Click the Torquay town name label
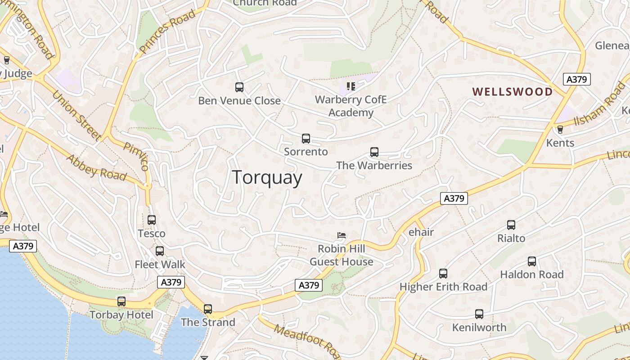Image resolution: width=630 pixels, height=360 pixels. [x=267, y=178]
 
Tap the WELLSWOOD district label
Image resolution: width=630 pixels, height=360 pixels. [x=513, y=92]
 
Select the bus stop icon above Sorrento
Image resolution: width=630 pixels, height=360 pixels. [x=306, y=139]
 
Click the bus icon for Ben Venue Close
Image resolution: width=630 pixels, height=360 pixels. [x=239, y=87]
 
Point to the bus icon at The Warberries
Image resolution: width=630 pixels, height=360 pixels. [x=374, y=152]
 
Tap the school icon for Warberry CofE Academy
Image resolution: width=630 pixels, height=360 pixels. [x=351, y=86]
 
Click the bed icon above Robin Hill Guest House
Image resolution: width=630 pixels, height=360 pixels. [x=342, y=235]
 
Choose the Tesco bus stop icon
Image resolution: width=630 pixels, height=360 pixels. [x=152, y=220]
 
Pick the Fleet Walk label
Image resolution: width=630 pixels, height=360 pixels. [x=160, y=264]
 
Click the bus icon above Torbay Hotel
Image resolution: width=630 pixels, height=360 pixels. [x=121, y=301]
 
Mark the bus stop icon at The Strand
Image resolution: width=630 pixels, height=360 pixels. [x=208, y=309]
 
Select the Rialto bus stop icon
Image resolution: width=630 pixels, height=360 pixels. [x=511, y=225]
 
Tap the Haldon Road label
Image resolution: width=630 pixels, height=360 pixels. [x=532, y=274]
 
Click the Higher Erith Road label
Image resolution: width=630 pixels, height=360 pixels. [x=443, y=287]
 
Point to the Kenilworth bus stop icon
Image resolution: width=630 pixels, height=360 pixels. [x=479, y=314]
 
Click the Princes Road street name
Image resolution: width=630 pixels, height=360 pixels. [x=167, y=31]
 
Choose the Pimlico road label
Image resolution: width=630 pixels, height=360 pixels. [x=136, y=156]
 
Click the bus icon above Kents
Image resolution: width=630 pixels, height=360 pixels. [x=560, y=130]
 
